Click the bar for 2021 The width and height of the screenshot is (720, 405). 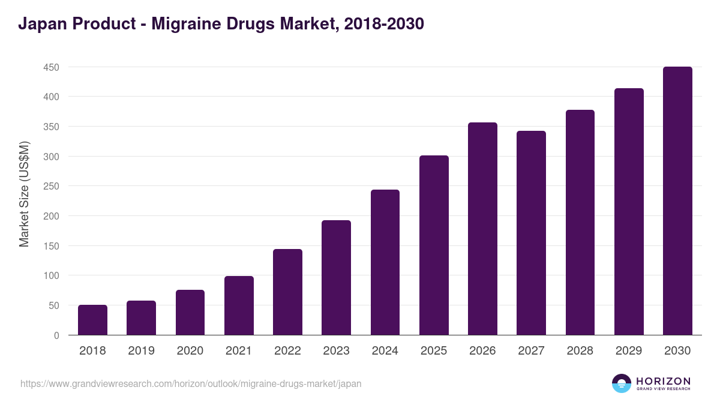(x=239, y=305)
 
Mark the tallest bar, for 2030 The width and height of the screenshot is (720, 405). (x=677, y=201)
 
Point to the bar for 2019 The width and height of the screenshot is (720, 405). (x=141, y=318)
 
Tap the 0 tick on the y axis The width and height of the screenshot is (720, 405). (x=56, y=335)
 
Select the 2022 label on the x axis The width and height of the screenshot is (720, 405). (x=287, y=351)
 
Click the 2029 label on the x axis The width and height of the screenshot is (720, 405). (x=629, y=351)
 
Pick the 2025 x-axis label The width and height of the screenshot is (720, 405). (x=434, y=351)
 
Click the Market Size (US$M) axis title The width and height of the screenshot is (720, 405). (x=24, y=194)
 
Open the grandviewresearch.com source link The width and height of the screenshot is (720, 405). (x=191, y=383)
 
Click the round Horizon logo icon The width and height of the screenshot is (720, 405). (x=622, y=383)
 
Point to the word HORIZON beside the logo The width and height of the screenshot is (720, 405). (x=664, y=381)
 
